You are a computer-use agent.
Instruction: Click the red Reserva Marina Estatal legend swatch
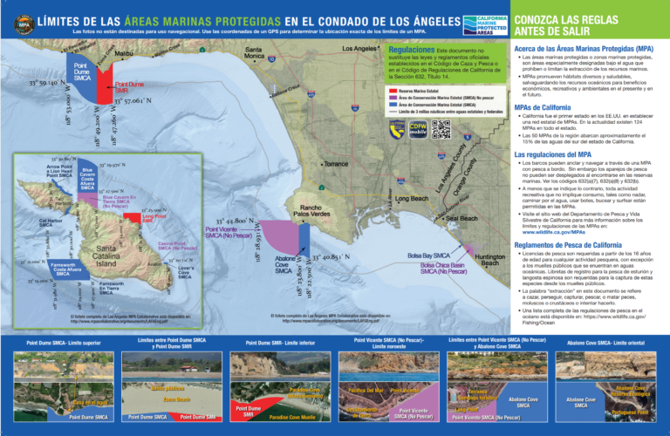[392, 90]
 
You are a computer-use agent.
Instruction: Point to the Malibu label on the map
[124, 53]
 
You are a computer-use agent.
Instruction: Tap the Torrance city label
[335, 164]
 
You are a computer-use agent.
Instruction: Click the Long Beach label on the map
[412, 199]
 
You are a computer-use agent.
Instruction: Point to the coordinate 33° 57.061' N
[139, 101]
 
